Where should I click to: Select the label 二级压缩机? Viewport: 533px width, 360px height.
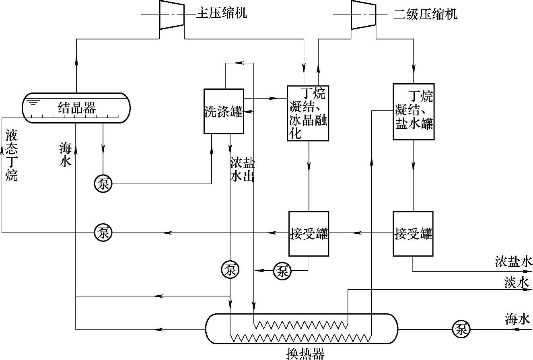tap(426, 14)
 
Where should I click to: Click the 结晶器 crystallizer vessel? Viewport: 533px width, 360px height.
tap(76, 107)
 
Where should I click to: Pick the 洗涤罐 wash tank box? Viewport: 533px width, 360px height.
tap(223, 111)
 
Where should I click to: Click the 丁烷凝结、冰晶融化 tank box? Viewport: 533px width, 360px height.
tap(308, 113)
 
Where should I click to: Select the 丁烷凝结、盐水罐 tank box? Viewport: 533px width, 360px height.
tap(414, 111)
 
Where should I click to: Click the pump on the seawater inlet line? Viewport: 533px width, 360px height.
tap(461, 329)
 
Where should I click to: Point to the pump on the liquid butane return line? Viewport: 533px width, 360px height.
tap(103, 232)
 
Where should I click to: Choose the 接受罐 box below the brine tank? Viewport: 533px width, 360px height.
tap(414, 233)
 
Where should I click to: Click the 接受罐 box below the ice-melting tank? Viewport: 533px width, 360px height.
tap(309, 233)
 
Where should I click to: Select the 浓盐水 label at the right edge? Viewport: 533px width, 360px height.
tap(514, 262)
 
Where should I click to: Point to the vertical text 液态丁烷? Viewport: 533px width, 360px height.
tap(11, 155)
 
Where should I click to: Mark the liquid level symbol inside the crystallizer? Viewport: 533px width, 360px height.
tap(34, 103)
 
